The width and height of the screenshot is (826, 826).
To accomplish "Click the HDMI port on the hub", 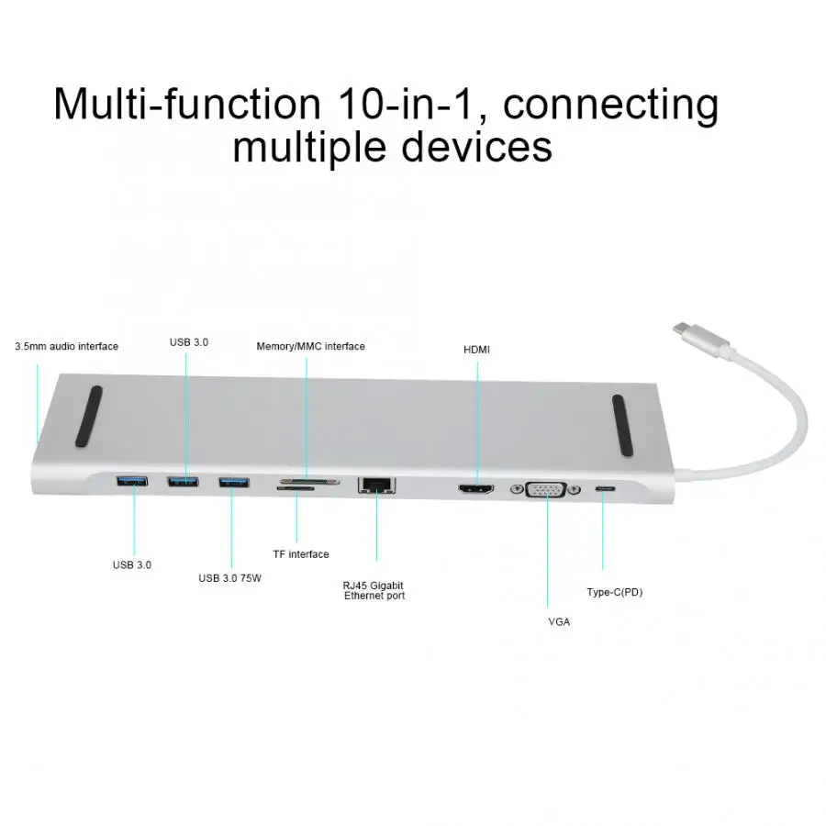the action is point(476,489).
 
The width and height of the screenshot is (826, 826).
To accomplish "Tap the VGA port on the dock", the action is point(546,490).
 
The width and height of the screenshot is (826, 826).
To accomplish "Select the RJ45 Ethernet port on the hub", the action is point(376,485).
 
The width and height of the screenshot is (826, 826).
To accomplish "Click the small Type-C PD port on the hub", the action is point(606,489).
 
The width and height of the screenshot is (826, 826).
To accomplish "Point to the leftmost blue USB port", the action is point(131,480).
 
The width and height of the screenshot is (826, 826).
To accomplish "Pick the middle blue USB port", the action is point(183,481).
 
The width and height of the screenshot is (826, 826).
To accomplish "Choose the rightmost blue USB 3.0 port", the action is point(234,482).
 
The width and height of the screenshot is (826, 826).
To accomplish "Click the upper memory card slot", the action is point(310,482).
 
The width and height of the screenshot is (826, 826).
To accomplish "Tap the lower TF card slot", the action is point(296,489).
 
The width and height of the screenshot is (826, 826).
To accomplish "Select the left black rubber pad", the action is point(89,416).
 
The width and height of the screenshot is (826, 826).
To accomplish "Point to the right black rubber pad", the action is point(622,425).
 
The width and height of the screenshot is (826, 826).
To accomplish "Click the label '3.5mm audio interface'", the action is point(66,346).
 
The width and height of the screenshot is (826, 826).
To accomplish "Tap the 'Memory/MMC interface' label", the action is point(311,346).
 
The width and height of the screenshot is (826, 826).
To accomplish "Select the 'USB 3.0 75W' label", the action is point(229,578).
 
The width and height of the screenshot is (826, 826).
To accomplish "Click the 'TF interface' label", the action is point(301,554).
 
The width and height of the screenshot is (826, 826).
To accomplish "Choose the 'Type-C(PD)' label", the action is point(615,592).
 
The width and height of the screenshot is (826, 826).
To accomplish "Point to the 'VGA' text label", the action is point(559,621).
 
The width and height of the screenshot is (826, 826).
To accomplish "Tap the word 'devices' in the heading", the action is point(476,147).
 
